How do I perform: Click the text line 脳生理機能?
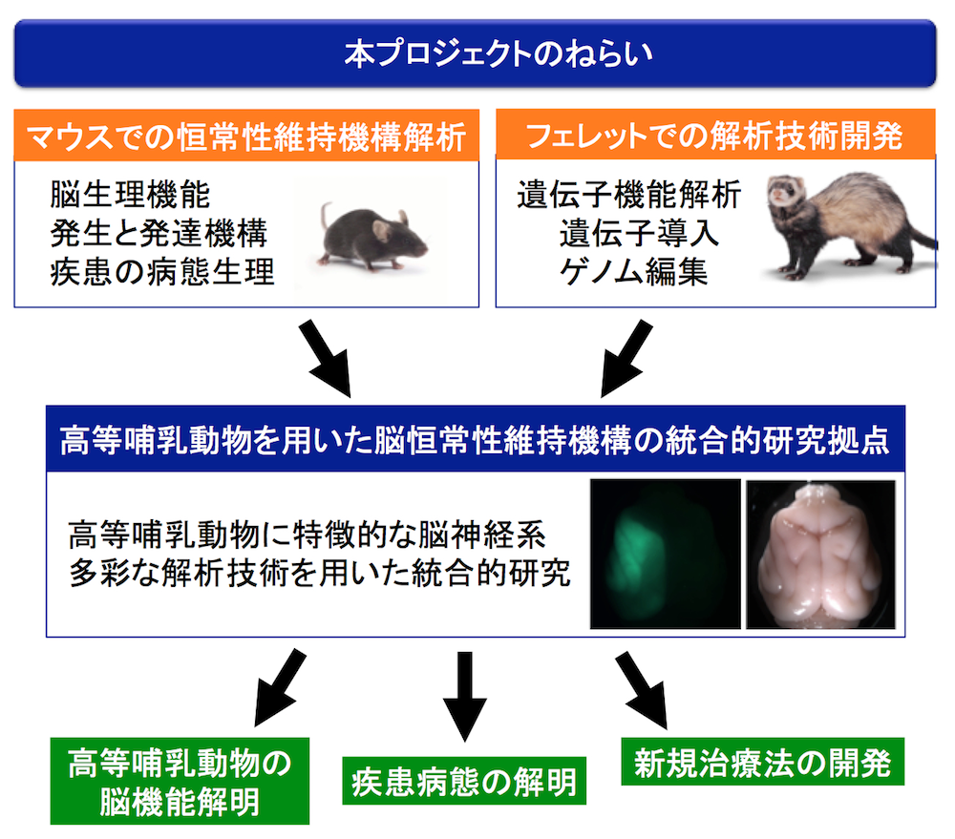130,197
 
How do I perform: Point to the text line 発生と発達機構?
159,235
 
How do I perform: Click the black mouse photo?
372,234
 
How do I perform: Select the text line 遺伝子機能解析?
629,197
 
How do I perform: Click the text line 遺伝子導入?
639,235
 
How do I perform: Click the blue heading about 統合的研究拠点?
476,442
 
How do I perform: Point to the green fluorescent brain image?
665,554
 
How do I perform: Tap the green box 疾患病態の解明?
463,783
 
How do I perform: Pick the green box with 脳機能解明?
179,782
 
